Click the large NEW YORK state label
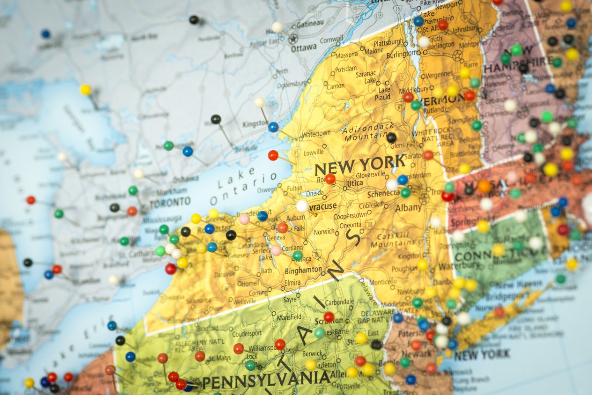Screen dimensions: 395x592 click(x=360, y=164)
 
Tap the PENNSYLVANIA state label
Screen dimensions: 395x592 click(x=266, y=380)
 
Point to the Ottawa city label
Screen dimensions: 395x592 click(x=303, y=48)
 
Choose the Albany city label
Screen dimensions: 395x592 click(x=408, y=208)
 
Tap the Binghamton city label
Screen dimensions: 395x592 click(x=303, y=271)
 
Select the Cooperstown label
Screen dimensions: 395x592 click(x=350, y=216)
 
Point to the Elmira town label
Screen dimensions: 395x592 click(x=293, y=283)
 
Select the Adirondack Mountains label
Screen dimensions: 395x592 click(x=362, y=131)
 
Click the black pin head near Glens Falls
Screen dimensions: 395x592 click(x=391, y=138)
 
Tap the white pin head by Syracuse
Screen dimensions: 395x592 click(x=302, y=206)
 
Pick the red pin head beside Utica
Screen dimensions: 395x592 click(x=330, y=179)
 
